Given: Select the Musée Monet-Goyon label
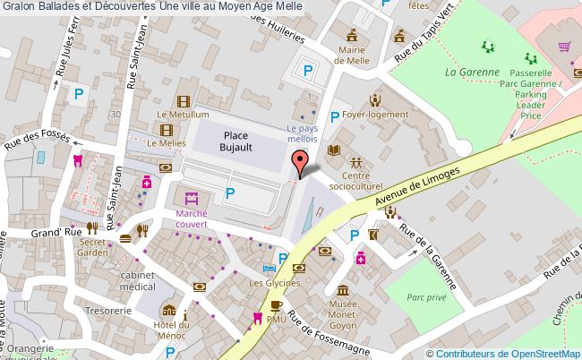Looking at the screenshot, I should tap(345, 310).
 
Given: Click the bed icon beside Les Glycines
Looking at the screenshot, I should tap(268, 269).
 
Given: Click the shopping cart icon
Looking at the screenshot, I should tap(564, 47).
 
